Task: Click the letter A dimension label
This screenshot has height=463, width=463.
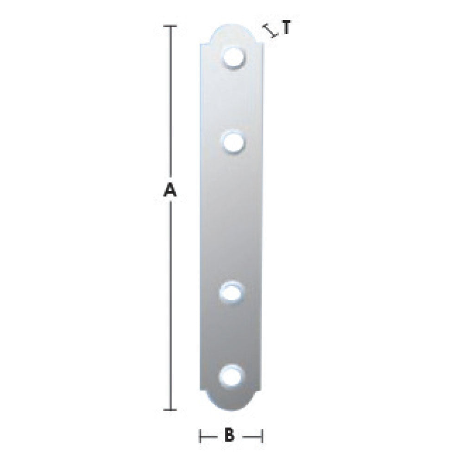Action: point(170,189)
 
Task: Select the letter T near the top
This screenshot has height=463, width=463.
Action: point(286,27)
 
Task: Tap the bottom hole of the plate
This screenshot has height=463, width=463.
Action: point(232,377)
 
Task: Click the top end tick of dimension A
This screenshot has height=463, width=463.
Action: point(170,26)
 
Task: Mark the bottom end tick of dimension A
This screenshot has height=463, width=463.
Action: point(170,410)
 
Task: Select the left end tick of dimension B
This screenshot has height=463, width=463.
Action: point(200,436)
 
